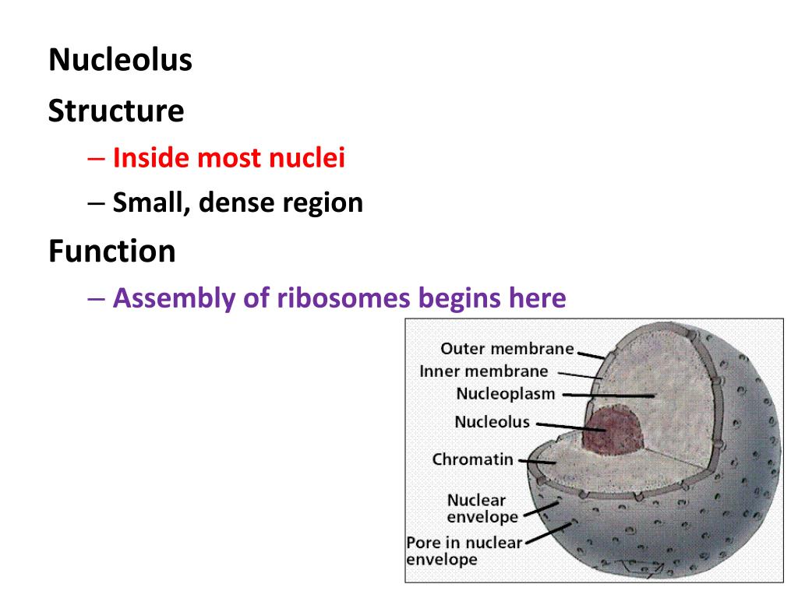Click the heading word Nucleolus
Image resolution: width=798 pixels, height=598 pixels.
point(120,60)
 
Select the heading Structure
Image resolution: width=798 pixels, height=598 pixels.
point(116,111)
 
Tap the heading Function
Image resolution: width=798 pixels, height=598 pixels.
point(111,251)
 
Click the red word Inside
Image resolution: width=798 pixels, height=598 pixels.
point(151,158)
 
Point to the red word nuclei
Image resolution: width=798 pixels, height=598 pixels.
point(307,158)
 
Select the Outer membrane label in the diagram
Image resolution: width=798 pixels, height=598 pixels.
point(507,349)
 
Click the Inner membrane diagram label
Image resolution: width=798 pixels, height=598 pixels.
point(483,371)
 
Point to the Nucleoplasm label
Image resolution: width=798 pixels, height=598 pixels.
point(506,394)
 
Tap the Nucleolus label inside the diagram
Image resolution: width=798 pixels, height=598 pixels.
point(492,423)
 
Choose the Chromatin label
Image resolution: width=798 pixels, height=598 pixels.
point(473,459)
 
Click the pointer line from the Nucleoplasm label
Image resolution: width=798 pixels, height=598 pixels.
point(608,395)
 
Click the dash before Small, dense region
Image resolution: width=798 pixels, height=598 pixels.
point(96,202)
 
